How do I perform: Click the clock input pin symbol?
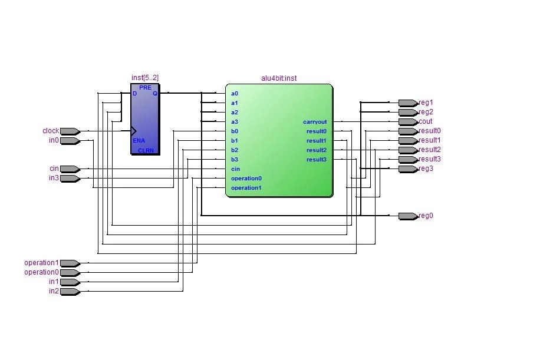pyautogui.click(x=70, y=131)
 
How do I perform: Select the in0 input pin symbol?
pyautogui.click(x=70, y=141)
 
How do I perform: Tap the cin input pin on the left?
pyautogui.click(x=70, y=169)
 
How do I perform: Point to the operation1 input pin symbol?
pyautogui.click(x=70, y=263)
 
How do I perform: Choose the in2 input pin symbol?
pyautogui.click(x=70, y=292)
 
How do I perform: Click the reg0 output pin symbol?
pyautogui.click(x=409, y=216)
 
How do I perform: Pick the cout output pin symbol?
pyautogui.click(x=409, y=122)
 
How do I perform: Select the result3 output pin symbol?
pyautogui.click(x=409, y=160)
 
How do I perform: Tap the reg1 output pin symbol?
pyautogui.click(x=409, y=103)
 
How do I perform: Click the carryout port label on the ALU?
pyautogui.click(x=315, y=122)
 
